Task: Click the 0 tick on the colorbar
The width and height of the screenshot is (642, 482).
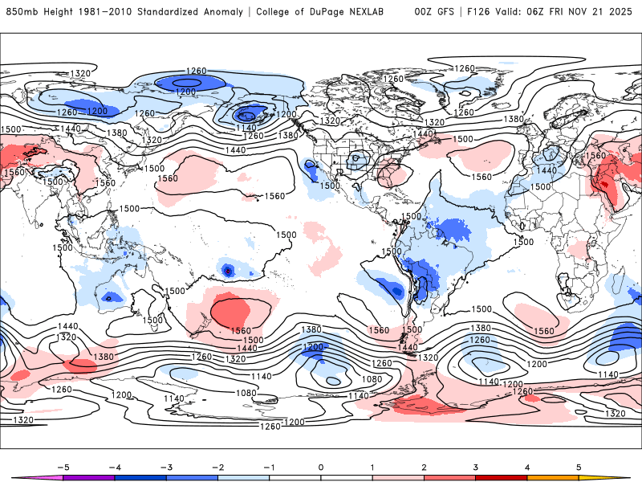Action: [x=321, y=466]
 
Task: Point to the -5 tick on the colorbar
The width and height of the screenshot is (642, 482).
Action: [x=62, y=466]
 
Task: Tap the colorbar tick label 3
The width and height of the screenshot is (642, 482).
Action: [x=477, y=466]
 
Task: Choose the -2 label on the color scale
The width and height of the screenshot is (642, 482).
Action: [x=217, y=466]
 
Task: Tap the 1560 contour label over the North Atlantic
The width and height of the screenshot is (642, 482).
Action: [x=481, y=177]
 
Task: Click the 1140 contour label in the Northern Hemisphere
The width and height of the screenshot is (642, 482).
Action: [x=246, y=127]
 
